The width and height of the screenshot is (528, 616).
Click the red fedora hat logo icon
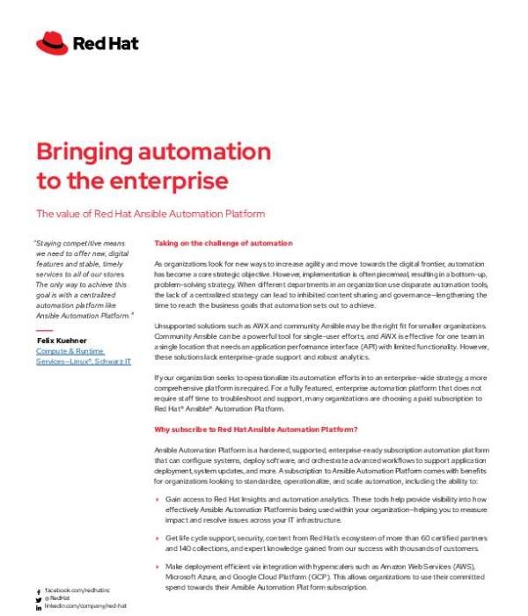53,41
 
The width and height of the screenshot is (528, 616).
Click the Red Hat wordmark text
106,42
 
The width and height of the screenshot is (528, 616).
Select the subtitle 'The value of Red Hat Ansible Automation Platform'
150,213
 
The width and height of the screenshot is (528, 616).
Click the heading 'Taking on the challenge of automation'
223,243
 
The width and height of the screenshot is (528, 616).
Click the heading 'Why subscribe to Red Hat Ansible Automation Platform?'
255,429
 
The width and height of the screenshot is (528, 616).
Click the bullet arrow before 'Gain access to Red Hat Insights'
157,498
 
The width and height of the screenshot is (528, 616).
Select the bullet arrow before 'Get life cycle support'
157,538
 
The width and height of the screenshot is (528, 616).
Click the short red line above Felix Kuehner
45,330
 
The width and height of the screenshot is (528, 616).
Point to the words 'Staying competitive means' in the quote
78,243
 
